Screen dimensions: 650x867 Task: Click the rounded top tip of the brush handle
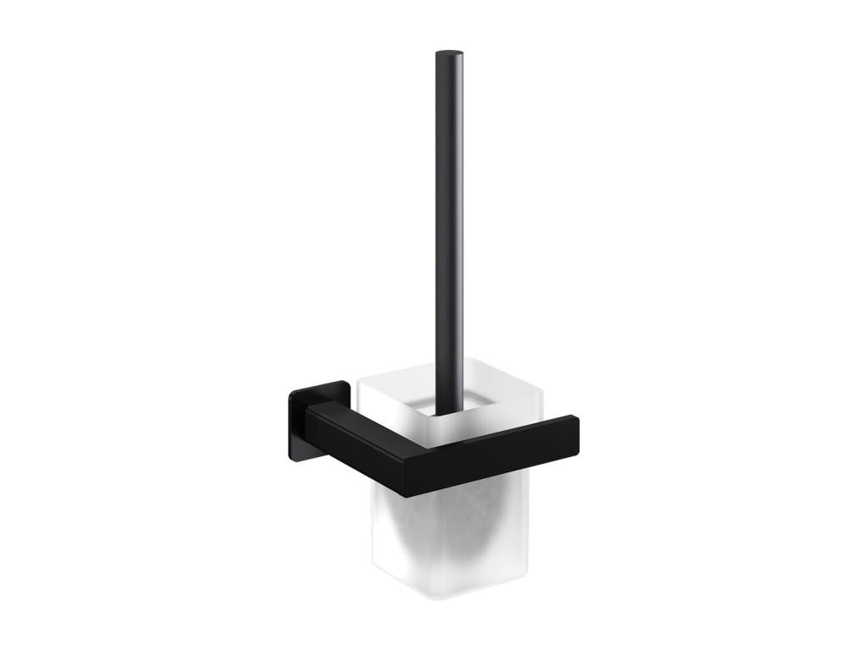[449, 55]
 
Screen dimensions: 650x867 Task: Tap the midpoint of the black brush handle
[449, 233]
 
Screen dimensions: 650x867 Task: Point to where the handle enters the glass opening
[449, 412]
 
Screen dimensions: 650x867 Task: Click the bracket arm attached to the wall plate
[356, 440]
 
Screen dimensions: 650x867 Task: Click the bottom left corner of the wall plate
[291, 457]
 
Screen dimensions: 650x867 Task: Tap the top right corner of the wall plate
[348, 383]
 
